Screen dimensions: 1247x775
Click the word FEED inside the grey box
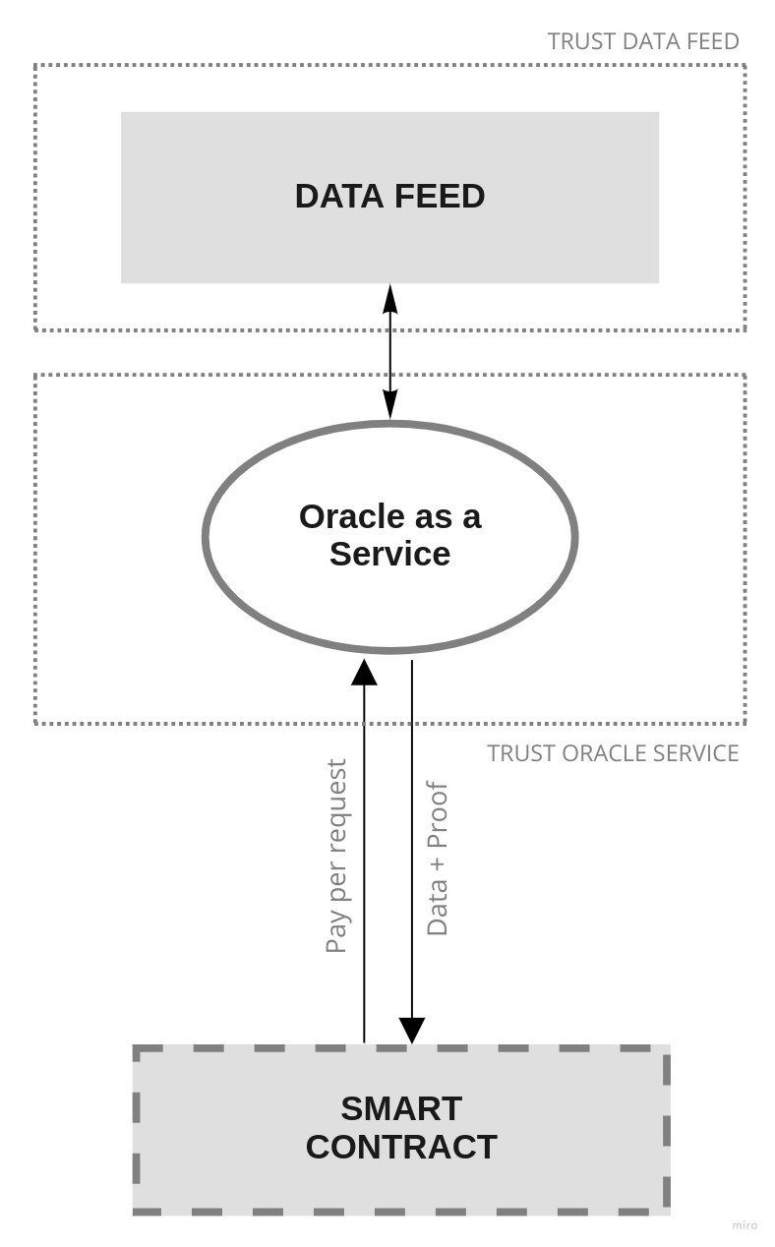[440, 196]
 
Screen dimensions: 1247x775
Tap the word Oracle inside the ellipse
[349, 516]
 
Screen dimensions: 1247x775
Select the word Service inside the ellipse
[389, 554]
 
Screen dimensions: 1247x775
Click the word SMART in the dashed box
[401, 1108]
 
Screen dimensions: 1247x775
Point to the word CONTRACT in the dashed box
[401, 1147]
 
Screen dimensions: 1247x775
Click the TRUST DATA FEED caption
[643, 41]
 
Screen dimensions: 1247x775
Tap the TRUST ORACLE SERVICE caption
[613, 753]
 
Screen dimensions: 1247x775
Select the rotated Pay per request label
[336, 856]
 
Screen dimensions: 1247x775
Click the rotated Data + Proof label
[438, 859]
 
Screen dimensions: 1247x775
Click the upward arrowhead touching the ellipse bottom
[365, 672]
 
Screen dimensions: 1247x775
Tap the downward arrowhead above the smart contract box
[412, 1030]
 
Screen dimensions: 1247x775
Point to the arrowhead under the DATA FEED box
[390, 297]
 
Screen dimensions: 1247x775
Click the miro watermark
[745, 1225]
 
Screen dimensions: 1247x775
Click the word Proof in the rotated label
[438, 813]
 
